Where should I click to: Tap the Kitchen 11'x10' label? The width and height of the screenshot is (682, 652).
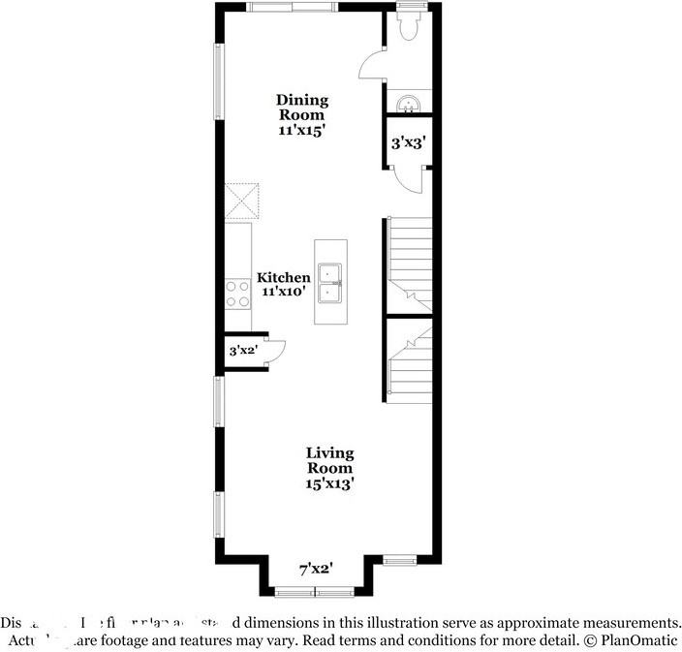pos(284,284)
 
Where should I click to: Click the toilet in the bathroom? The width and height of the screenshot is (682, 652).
pos(408,28)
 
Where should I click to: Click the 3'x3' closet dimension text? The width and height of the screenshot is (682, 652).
pos(406,142)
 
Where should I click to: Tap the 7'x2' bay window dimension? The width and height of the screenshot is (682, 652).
pos(315,570)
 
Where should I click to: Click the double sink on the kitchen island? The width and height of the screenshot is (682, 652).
pos(330,281)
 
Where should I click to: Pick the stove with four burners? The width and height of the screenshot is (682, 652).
pos(237,294)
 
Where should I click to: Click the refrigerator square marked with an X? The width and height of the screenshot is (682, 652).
pos(243,201)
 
